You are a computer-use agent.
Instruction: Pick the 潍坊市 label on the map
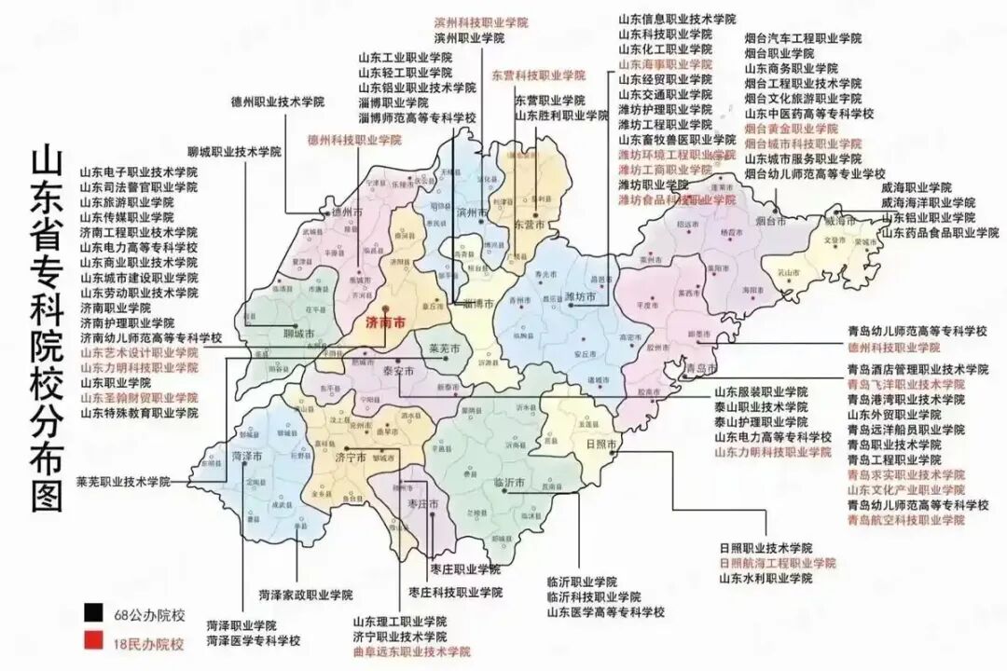click(581, 297)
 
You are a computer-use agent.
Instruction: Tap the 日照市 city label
click(600, 445)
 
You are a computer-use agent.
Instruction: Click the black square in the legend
click(91, 614)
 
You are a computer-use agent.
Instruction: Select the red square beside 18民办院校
click(91, 642)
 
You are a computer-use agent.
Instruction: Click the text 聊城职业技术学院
click(233, 151)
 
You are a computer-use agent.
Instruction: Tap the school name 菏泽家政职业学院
click(306, 594)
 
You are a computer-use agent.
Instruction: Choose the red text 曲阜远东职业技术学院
click(411, 651)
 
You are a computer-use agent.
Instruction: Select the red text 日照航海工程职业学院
click(778, 563)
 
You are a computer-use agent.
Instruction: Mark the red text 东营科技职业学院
click(539, 75)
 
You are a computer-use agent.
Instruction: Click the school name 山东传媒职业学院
click(126, 217)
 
